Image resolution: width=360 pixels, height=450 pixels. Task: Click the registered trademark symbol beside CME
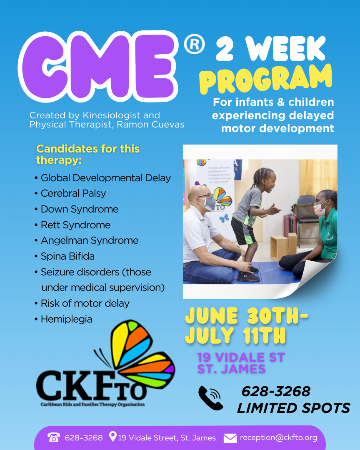pyautogui.click(x=194, y=44)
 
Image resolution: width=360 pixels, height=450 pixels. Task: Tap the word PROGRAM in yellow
pyautogui.click(x=266, y=79)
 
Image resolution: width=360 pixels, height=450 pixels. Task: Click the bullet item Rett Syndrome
pyautogui.click(x=72, y=225)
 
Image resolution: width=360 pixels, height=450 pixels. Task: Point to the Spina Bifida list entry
pyautogui.click(x=64, y=256)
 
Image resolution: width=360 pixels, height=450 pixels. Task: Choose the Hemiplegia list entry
pyautogui.click(x=63, y=319)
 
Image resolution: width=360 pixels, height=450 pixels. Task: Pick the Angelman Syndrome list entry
pyautogui.click(x=86, y=240)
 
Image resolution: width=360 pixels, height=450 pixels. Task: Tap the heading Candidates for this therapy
pyautogui.click(x=88, y=155)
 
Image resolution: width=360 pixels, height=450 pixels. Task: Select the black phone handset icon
pyautogui.click(x=210, y=398)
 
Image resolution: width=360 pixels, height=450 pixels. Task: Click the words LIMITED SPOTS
pyautogui.click(x=293, y=408)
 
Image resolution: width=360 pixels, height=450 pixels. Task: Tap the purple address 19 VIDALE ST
pyautogui.click(x=241, y=357)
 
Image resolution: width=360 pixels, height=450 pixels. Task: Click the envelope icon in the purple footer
pyautogui.click(x=230, y=438)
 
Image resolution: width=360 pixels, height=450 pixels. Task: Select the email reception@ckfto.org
pyautogui.click(x=278, y=437)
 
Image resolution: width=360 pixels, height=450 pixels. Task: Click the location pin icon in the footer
pyautogui.click(x=113, y=437)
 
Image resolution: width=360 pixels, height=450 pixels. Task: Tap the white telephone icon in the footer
pyautogui.click(x=54, y=437)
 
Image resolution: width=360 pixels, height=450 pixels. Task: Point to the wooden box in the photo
pyautogui.click(x=280, y=248)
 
